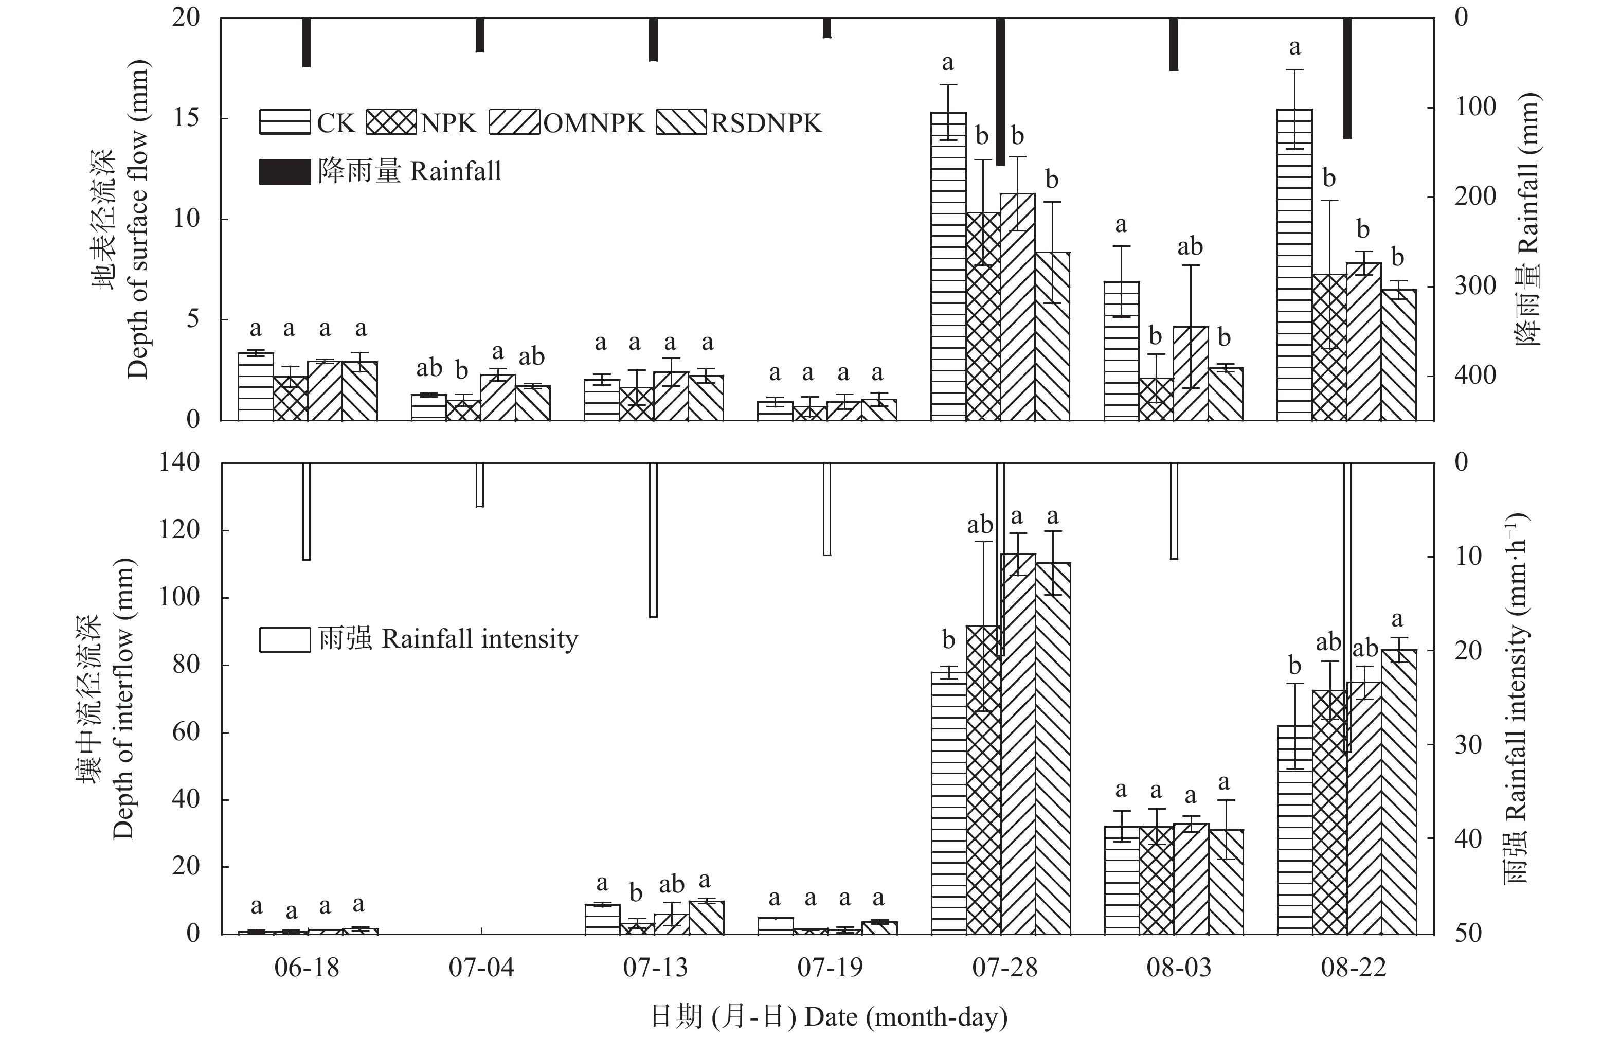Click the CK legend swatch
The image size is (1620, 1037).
(285, 122)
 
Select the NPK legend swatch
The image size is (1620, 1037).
(392, 122)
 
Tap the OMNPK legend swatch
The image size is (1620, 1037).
(514, 122)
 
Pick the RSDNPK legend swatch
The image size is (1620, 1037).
(681, 122)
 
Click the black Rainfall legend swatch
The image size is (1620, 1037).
(285, 172)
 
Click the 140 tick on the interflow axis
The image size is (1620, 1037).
(179, 462)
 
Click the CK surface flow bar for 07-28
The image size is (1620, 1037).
(948, 270)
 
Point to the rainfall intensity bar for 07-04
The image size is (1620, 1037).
(480, 485)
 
